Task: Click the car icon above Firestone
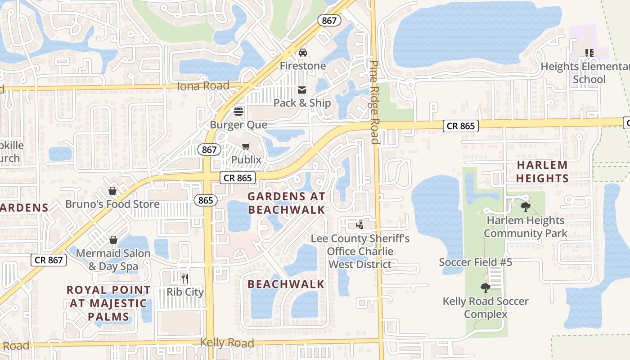pyautogui.click(x=303, y=53)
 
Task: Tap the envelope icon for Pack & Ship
pyautogui.click(x=302, y=90)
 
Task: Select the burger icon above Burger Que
pyautogui.click(x=238, y=112)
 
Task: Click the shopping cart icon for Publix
pyautogui.click(x=246, y=146)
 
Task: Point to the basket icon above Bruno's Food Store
pyautogui.click(x=112, y=191)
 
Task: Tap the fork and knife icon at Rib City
pyautogui.click(x=184, y=278)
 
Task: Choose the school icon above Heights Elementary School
pyautogui.click(x=589, y=53)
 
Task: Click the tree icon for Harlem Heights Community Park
pyautogui.click(x=525, y=207)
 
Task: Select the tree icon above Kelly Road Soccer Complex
pyautogui.click(x=485, y=288)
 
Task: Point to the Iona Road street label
pyautogui.click(x=203, y=85)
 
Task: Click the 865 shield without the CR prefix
pyautogui.click(x=205, y=200)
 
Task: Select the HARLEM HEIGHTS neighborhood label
pyautogui.click(x=542, y=171)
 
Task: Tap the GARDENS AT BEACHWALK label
pyautogui.click(x=286, y=203)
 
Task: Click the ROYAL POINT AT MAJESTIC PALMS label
pyautogui.click(x=108, y=303)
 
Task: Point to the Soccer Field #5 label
pyautogui.click(x=476, y=262)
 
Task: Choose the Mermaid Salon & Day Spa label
pyautogui.click(x=113, y=260)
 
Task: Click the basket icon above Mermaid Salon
pyautogui.click(x=113, y=240)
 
